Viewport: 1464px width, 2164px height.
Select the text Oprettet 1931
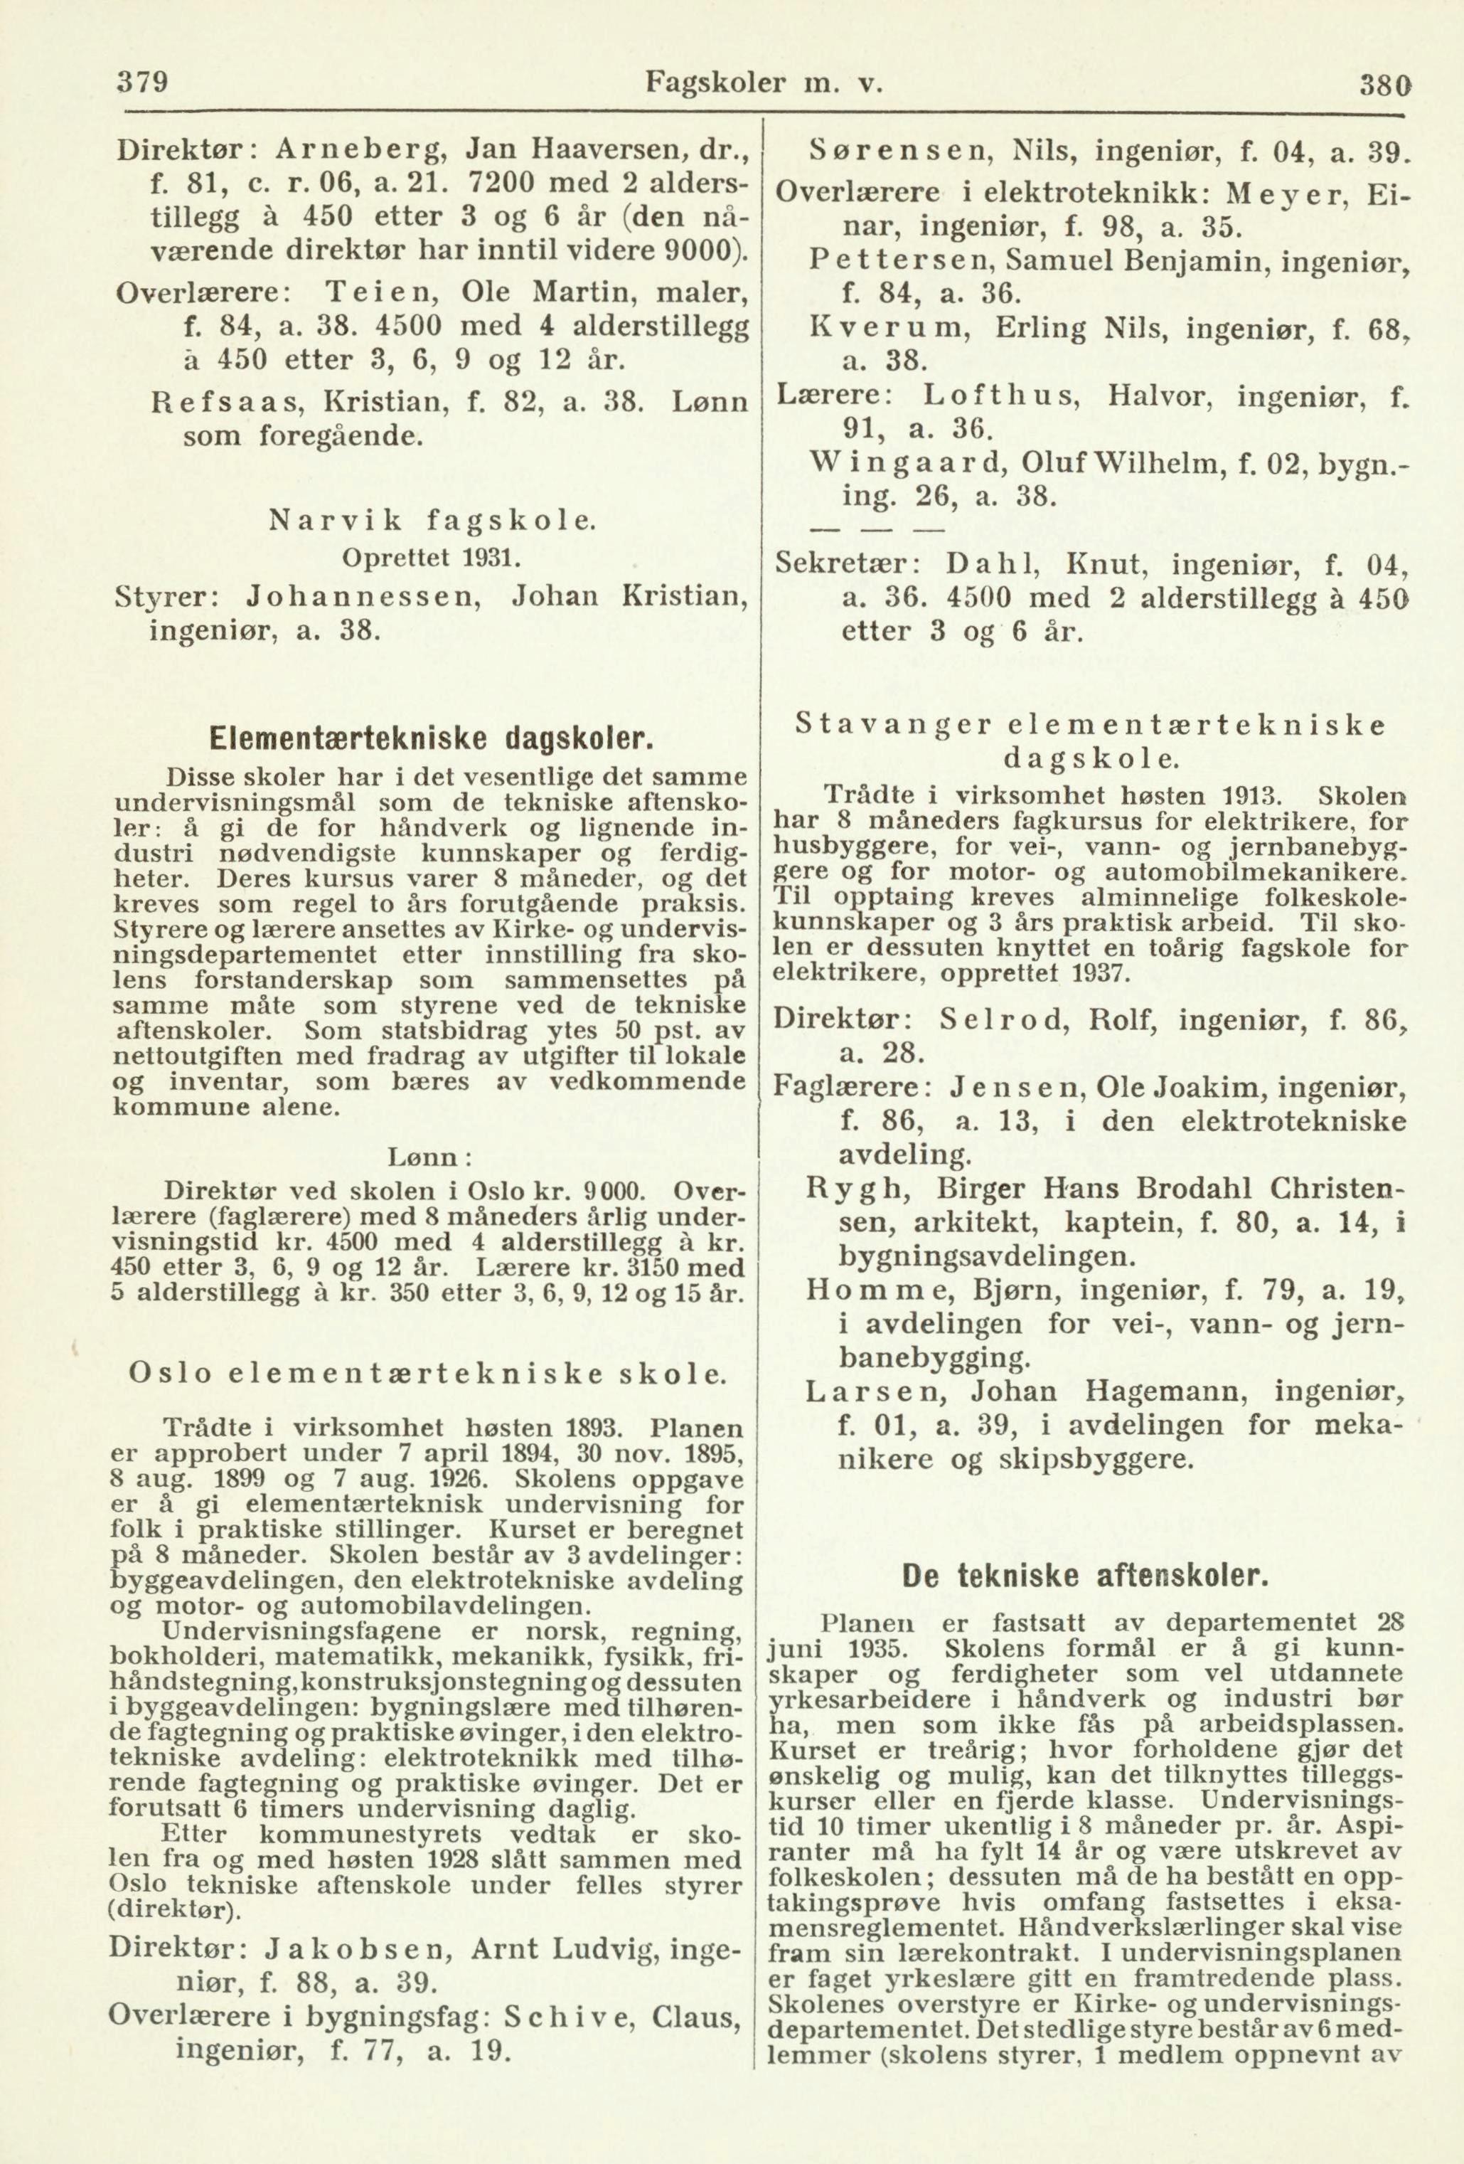point(437,560)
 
